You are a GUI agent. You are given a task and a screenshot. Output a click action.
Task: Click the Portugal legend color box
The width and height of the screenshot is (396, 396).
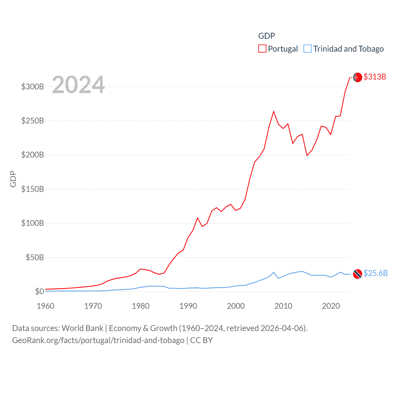coord(262,49)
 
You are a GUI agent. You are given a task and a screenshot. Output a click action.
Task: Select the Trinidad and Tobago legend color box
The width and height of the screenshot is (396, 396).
coord(307,49)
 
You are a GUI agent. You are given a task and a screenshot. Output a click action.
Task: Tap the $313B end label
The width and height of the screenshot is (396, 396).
coord(375,77)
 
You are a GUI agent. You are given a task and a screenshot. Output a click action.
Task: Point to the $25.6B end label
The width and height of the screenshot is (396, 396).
coord(376,273)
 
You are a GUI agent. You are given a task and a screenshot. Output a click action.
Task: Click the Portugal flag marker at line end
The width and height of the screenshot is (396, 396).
coord(357,77)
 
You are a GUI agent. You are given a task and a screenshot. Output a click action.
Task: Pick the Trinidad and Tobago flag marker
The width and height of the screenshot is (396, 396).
coord(357,274)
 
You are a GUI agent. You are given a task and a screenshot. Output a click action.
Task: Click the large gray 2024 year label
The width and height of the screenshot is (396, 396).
coord(78,84)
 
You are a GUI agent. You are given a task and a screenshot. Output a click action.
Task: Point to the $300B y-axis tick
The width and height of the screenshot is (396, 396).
coord(32,87)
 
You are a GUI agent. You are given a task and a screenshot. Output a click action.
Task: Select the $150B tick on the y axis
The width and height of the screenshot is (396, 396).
coord(32,189)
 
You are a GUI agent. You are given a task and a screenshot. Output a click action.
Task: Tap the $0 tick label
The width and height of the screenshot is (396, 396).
coord(39,291)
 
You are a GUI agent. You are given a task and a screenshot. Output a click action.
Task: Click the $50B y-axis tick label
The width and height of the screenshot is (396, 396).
coord(35,257)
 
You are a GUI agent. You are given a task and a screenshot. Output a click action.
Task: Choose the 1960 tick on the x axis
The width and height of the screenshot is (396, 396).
coord(45,306)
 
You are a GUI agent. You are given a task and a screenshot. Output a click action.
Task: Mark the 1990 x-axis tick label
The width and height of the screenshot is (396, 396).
coord(188,306)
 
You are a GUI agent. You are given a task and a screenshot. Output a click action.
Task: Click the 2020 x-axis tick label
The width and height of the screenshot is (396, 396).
coord(331,306)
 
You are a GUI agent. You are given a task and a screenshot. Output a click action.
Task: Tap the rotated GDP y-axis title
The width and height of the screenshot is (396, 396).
coord(13,179)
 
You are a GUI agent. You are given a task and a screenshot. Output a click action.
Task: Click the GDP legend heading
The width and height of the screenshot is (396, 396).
coord(266,36)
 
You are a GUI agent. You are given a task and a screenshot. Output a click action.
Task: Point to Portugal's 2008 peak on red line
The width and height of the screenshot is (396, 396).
coord(273,111)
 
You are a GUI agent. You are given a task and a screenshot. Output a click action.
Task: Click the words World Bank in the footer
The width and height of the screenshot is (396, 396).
coord(82,328)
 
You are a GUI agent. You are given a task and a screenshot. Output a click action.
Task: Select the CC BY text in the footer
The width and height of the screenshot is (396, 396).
coord(201,340)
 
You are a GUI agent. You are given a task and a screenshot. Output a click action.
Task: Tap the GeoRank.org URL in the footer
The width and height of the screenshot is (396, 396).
coord(98,340)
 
